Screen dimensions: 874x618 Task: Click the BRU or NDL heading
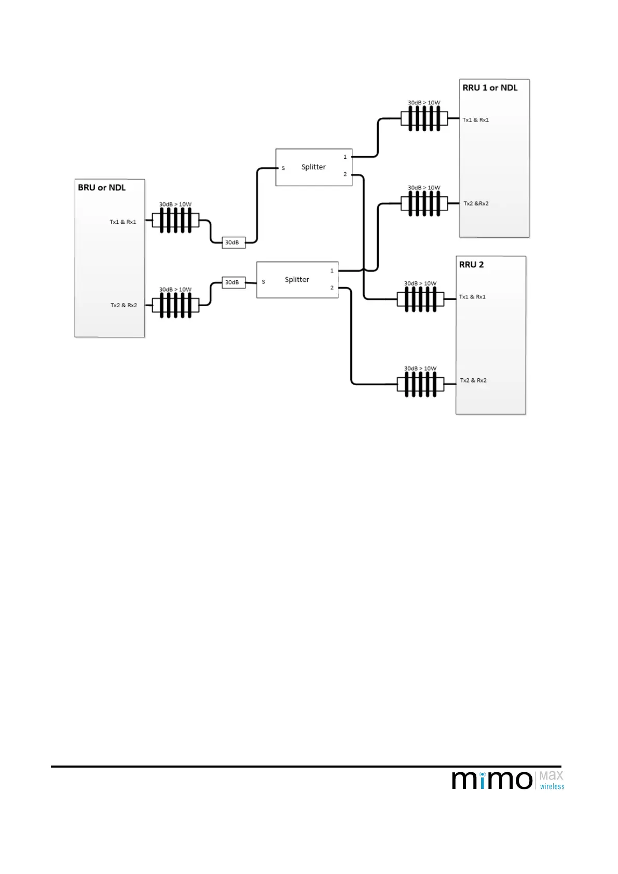102,188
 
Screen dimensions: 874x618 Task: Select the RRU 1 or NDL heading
490,88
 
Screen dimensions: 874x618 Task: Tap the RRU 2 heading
471,265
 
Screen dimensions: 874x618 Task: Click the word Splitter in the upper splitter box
313,167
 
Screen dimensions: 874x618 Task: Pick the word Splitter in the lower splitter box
297,280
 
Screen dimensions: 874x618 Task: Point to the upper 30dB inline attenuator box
233,242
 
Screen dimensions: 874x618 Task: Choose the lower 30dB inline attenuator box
233,282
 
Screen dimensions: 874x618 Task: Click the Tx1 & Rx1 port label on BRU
123,222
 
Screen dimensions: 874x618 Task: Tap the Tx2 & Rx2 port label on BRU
123,305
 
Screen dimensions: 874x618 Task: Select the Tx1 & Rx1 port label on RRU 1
476,120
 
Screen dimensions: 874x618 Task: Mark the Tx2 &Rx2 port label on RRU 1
476,203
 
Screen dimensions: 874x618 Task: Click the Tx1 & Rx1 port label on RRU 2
472,297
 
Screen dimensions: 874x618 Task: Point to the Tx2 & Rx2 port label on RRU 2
473,380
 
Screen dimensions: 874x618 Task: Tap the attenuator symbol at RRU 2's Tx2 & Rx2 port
420,385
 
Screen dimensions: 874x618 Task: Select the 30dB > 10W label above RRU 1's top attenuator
424,103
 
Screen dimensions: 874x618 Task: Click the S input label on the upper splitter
283,168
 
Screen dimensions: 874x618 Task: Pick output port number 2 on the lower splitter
332,288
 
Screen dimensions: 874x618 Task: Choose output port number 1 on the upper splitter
345,157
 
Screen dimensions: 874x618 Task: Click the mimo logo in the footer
492,780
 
